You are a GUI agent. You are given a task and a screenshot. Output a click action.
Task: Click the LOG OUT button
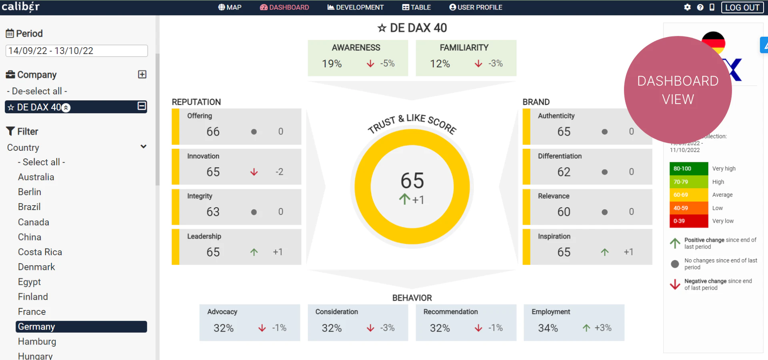(742, 8)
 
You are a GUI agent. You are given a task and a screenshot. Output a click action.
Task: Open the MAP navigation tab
(230, 7)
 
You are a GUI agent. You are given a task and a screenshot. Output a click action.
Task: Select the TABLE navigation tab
(416, 7)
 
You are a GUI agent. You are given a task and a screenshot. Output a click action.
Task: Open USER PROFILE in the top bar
(476, 7)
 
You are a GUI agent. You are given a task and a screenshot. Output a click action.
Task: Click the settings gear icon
(687, 7)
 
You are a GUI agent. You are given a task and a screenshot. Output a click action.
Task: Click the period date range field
(76, 51)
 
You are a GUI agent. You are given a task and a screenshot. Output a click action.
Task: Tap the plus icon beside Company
(142, 74)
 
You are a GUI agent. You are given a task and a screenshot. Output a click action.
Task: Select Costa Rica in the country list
(40, 252)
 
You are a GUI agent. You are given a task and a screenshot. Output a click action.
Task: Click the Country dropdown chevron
(143, 147)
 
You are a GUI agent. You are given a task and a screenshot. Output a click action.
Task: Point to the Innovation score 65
(213, 172)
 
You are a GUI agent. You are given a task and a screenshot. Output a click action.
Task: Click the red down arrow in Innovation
(254, 172)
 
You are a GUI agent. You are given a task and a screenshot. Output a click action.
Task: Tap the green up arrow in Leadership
(254, 252)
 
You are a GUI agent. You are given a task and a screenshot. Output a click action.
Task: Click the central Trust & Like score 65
(412, 181)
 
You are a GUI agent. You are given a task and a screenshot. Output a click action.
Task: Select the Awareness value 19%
(332, 64)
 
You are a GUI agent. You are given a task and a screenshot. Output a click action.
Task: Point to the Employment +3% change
(603, 328)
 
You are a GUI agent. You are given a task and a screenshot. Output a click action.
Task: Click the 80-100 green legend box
(688, 169)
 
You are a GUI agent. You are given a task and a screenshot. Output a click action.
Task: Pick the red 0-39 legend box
(688, 221)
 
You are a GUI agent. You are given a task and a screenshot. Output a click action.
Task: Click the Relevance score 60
(564, 212)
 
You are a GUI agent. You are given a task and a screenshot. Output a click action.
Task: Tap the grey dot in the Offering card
(254, 132)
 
